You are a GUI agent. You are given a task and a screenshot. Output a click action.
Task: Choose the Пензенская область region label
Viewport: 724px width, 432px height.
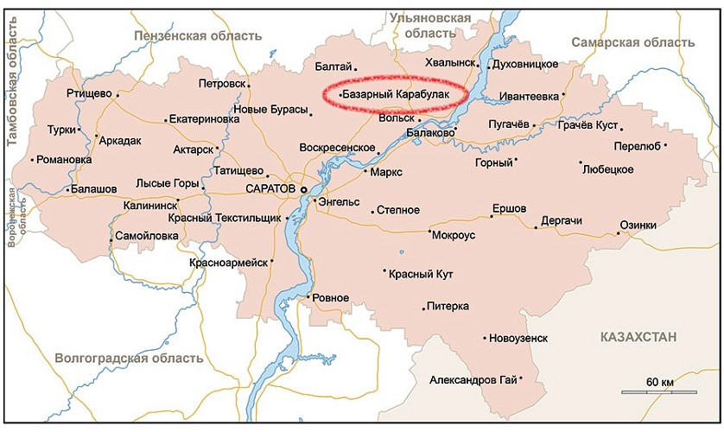(x=197, y=35)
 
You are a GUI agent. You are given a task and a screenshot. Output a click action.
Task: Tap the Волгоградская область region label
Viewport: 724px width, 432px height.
(x=129, y=358)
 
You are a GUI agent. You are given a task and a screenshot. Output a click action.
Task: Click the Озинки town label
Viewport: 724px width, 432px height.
(x=638, y=226)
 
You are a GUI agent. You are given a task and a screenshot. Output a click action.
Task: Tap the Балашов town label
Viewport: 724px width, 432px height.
(x=94, y=188)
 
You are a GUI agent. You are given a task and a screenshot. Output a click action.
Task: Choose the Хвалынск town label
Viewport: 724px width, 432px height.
(x=451, y=63)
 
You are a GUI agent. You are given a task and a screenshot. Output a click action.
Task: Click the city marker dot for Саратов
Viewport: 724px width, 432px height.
(x=303, y=187)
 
